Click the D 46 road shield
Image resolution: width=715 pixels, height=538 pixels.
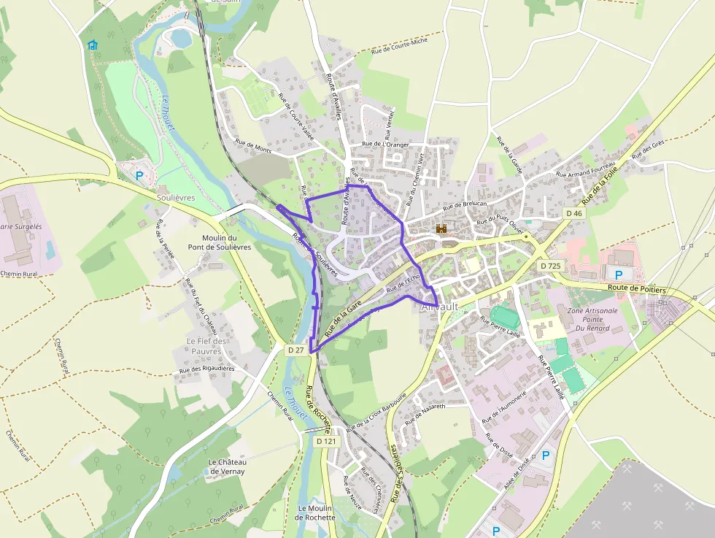(574, 213)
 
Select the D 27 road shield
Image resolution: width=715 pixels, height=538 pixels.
(295, 350)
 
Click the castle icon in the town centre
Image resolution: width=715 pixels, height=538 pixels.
(441, 228)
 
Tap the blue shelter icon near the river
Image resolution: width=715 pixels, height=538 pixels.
(92, 45)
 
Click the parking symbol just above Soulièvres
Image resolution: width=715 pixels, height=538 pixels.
(139, 175)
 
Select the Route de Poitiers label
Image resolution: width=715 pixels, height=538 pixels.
(638, 290)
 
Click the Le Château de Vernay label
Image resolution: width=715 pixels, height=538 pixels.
(227, 467)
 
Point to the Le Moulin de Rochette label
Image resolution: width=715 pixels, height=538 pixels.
(315, 512)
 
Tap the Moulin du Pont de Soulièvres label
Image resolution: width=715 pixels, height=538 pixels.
(226, 242)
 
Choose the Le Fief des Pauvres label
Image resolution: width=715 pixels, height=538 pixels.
(208, 346)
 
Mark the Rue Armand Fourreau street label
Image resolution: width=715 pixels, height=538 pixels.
(586, 170)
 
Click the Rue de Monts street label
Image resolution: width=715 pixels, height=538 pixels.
(253, 146)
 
